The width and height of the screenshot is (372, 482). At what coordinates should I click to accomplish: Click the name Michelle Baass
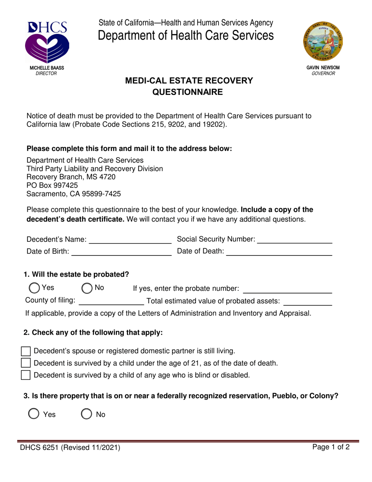point(47,68)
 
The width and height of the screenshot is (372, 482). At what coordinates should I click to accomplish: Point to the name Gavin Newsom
point(323,68)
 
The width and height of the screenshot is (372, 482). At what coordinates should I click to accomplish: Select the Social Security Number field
point(294,239)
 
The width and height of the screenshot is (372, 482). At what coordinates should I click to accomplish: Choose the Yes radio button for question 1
point(34,288)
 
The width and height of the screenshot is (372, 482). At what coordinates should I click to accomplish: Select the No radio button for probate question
point(87,288)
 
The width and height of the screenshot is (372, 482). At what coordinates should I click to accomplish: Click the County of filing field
point(112,301)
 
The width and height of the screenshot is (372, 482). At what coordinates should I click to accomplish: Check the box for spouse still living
point(25,351)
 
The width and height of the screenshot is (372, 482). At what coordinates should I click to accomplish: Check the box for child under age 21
point(25,363)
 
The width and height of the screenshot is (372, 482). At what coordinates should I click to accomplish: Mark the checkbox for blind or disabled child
point(25,375)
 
